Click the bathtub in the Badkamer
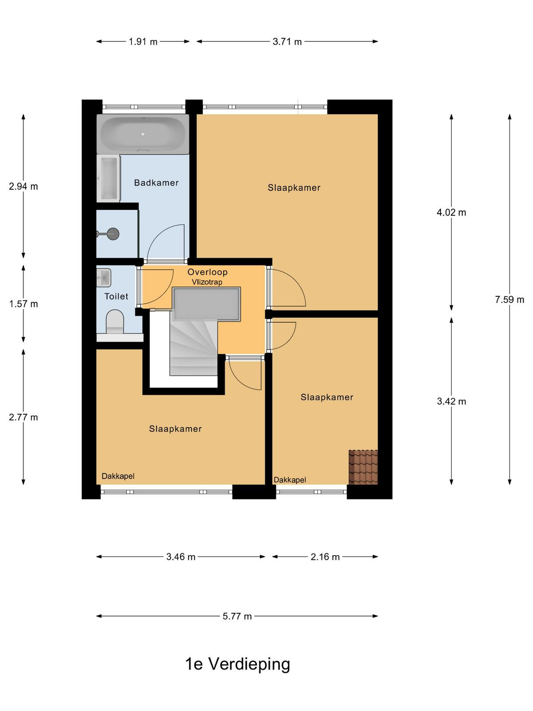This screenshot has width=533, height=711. (143, 134)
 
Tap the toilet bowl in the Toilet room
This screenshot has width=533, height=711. (115, 322)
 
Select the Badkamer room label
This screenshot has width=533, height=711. (156, 183)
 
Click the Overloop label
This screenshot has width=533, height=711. (207, 272)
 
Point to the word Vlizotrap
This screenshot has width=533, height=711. (207, 282)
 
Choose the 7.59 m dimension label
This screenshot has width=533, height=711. (509, 300)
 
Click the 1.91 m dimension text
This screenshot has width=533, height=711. (143, 42)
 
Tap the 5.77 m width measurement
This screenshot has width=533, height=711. (237, 616)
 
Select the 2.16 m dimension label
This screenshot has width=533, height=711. (325, 557)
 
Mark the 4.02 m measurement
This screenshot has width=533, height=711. (451, 212)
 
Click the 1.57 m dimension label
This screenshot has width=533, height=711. (24, 304)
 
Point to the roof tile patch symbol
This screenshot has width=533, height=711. (363, 467)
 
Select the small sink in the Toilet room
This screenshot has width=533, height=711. (103, 278)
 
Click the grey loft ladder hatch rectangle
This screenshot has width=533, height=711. (207, 304)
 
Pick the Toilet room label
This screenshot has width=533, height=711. (116, 296)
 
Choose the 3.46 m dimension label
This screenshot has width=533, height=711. (181, 557)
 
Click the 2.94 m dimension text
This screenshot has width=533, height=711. (23, 187)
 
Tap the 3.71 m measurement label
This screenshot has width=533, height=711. (287, 42)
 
